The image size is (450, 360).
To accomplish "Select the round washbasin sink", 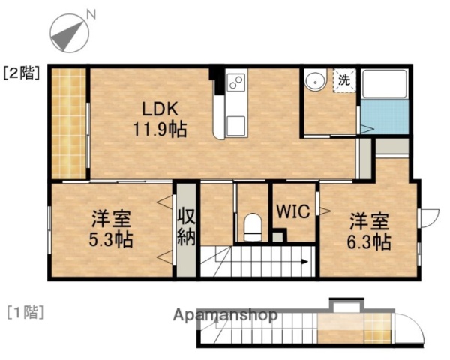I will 314,80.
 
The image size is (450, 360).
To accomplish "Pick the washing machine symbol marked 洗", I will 343,79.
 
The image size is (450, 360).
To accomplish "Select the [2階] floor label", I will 22,73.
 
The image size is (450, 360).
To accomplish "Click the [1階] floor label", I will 25,310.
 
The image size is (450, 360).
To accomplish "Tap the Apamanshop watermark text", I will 226,315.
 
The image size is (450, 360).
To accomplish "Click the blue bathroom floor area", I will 384,118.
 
